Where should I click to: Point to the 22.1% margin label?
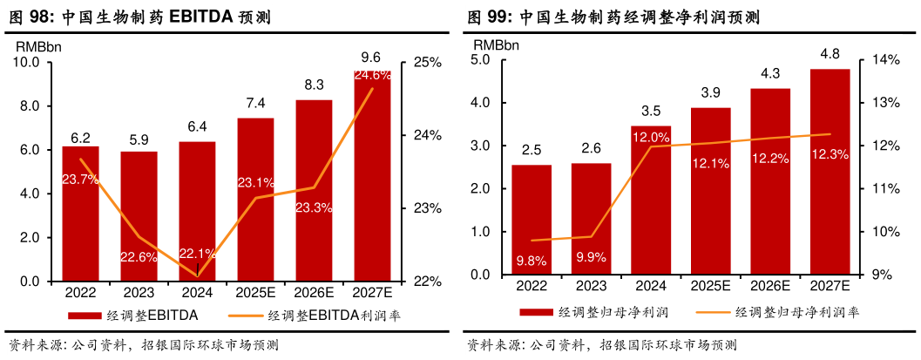pos(197,254)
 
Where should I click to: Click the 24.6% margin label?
pos(372,76)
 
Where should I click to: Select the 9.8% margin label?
pos(531,261)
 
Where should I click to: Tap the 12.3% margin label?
pos(829,154)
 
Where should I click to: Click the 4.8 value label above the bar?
pos(830,55)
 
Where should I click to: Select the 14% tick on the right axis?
pos(885,59)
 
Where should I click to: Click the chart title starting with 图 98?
pos(139,17)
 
